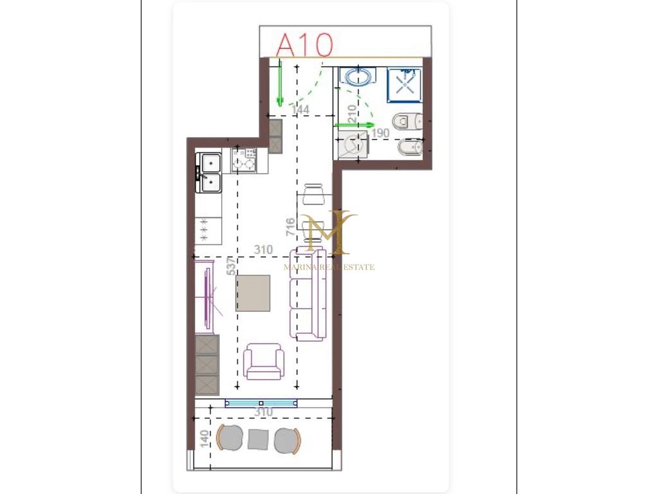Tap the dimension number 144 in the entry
point(301,109)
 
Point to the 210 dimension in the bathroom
point(352,113)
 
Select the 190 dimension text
point(380,133)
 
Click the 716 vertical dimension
point(290,227)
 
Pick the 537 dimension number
point(231,267)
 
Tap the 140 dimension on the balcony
point(204,439)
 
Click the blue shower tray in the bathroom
point(405,86)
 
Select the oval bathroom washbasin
point(358,77)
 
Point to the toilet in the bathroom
point(407,122)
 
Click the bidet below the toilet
point(410,148)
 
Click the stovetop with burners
point(244,160)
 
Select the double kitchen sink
point(209,172)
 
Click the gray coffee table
point(253,293)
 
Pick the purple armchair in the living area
point(263,361)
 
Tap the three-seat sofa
point(308,295)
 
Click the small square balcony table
point(258,439)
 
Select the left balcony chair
point(229,439)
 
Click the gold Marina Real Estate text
point(329,267)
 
